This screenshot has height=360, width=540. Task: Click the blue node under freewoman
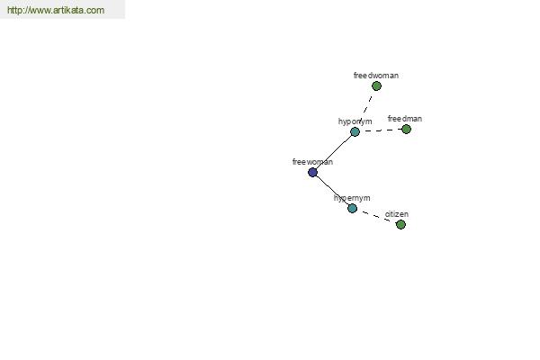pos(312,172)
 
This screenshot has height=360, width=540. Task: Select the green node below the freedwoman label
pos(376,86)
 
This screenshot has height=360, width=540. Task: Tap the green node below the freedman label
pos(407,130)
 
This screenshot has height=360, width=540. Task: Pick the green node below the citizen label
pos(400,225)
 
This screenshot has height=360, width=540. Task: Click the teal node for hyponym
pos(355,131)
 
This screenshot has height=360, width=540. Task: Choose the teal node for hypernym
pos(352,208)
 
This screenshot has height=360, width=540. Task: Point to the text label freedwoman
pos(376,76)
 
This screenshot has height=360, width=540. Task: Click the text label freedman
pos(405,119)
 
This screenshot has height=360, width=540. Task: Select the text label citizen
pos(397,214)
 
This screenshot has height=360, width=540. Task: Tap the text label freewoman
pos(312,162)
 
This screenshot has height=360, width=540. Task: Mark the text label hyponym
pos(355,121)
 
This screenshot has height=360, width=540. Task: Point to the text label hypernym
pos(352,198)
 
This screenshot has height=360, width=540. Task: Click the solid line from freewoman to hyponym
pos(334,152)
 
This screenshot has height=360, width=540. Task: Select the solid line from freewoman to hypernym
pos(332,190)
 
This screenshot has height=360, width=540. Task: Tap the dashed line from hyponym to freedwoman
pos(365,109)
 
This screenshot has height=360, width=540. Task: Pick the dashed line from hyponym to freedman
pos(381,130)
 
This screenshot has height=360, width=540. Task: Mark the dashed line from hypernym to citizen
pos(376,216)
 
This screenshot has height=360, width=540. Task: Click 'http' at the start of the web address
pos(14,10)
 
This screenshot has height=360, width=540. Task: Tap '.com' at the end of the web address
pos(94,10)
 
